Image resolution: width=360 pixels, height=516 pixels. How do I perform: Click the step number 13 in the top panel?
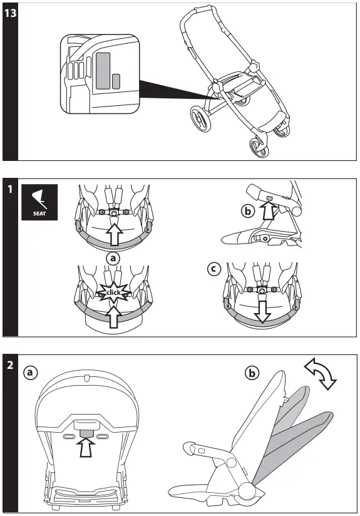tap(9, 14)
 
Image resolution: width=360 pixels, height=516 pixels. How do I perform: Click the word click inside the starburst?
tap(114, 292)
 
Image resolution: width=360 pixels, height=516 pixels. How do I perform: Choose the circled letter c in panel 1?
tap(215, 269)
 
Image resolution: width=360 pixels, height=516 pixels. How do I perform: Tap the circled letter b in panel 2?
tap(252, 374)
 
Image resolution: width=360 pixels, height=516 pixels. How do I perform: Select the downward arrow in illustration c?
tap(262, 311)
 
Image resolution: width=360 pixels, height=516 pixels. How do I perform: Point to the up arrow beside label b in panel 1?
tap(269, 213)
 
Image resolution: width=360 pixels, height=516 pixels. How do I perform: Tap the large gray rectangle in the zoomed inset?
tap(104, 70)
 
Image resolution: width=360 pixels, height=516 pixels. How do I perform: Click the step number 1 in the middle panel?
tap(9, 188)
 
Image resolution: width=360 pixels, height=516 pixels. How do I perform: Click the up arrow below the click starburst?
tap(114, 316)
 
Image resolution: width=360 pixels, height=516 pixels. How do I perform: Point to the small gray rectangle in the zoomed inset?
tap(116, 81)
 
